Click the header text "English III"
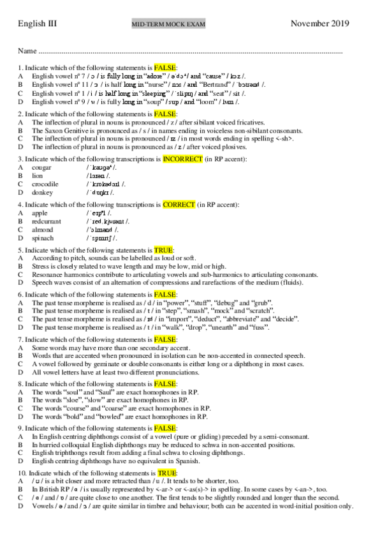point(38,24)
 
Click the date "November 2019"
point(320,24)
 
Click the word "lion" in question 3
point(38,175)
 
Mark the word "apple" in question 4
point(40,213)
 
